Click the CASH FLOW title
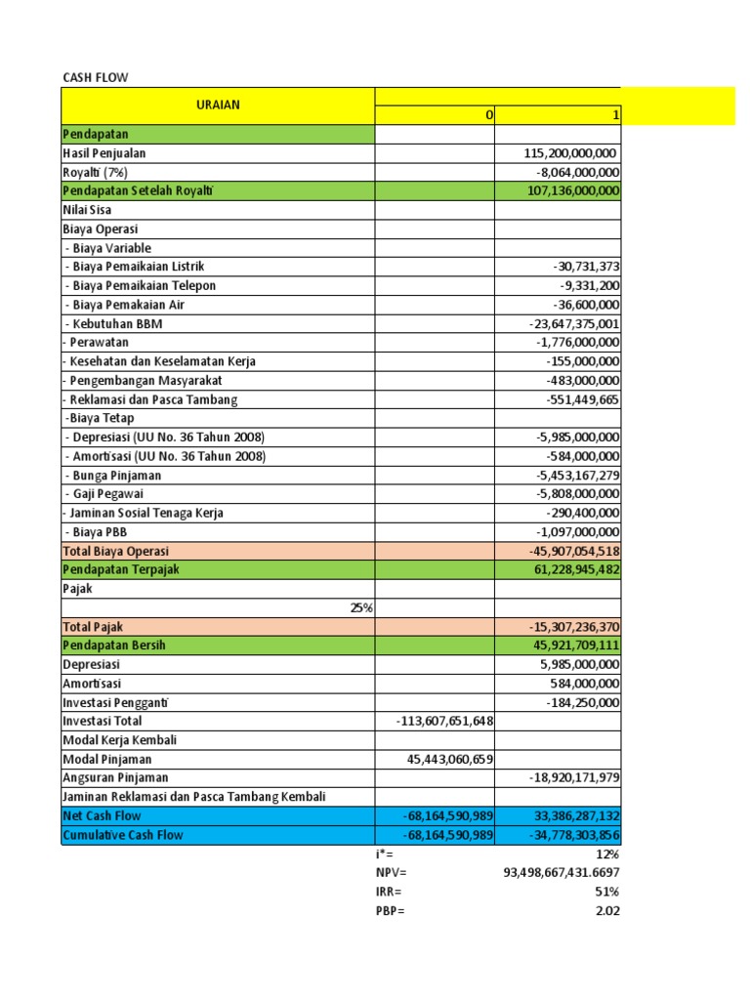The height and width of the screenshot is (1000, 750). pyautogui.click(x=95, y=77)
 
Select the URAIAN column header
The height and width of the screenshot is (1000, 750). pyautogui.click(x=217, y=105)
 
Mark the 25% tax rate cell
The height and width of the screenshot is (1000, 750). pyautogui.click(x=361, y=607)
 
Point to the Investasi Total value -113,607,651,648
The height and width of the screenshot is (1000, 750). pyautogui.click(x=445, y=722)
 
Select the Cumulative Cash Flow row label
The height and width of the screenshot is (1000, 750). pyautogui.click(x=123, y=835)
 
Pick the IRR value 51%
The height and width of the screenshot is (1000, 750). pyautogui.click(x=607, y=892)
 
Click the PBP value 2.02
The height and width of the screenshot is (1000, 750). pyautogui.click(x=607, y=911)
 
